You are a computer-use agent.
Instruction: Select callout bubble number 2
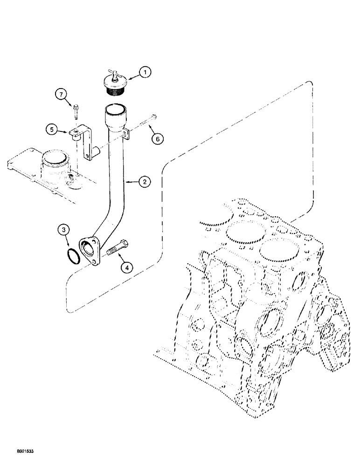(x=145, y=182)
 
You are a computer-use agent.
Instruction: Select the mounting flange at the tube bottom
(x=91, y=251)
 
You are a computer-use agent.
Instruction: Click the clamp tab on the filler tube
(x=125, y=136)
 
